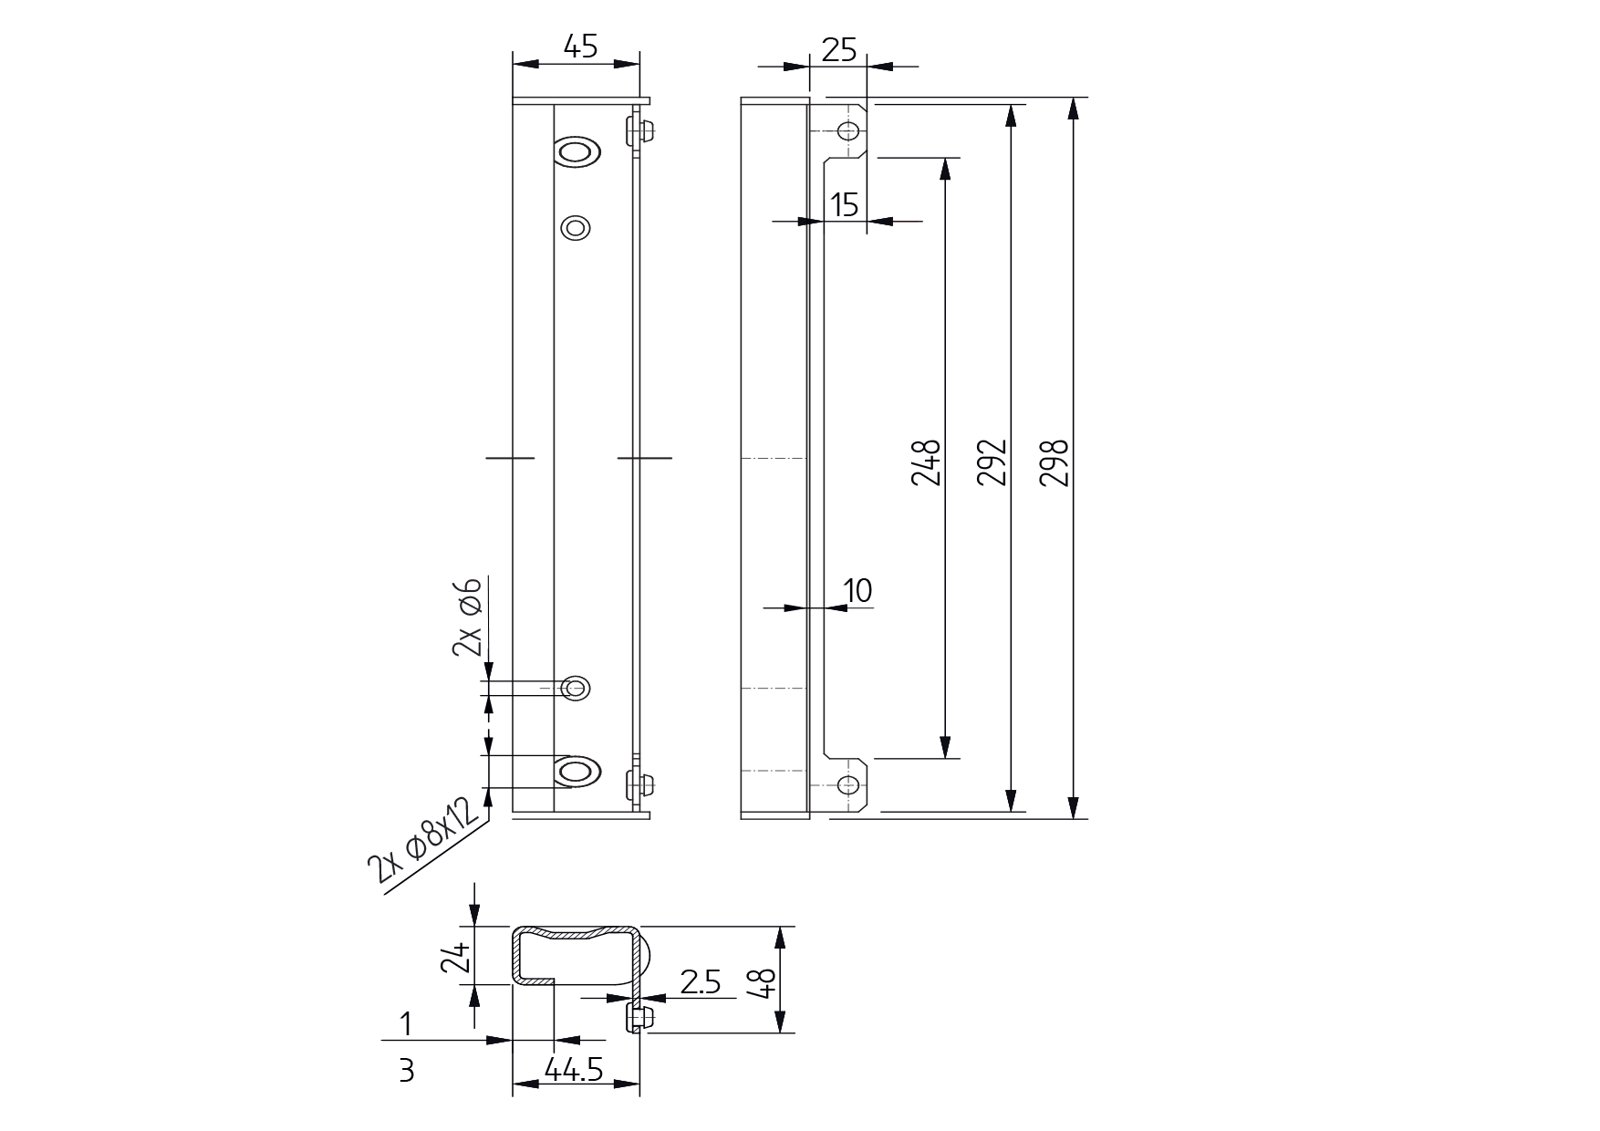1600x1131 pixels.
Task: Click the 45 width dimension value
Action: tap(580, 47)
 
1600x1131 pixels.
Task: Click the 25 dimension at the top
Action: tap(839, 49)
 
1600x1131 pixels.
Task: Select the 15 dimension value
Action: tap(846, 205)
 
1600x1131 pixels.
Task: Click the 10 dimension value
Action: tap(858, 590)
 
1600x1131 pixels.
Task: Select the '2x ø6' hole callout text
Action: tap(468, 617)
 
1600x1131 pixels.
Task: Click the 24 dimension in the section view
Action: tap(457, 958)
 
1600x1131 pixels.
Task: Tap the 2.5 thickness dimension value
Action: tap(701, 982)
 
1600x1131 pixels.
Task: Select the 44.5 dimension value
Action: tap(574, 1069)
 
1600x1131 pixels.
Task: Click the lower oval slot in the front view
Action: tap(577, 772)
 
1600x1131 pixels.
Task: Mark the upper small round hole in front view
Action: tap(576, 227)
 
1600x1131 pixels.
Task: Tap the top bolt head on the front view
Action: tap(642, 131)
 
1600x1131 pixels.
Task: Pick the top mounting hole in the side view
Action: tap(848, 131)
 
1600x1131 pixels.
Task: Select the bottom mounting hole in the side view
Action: tap(848, 784)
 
